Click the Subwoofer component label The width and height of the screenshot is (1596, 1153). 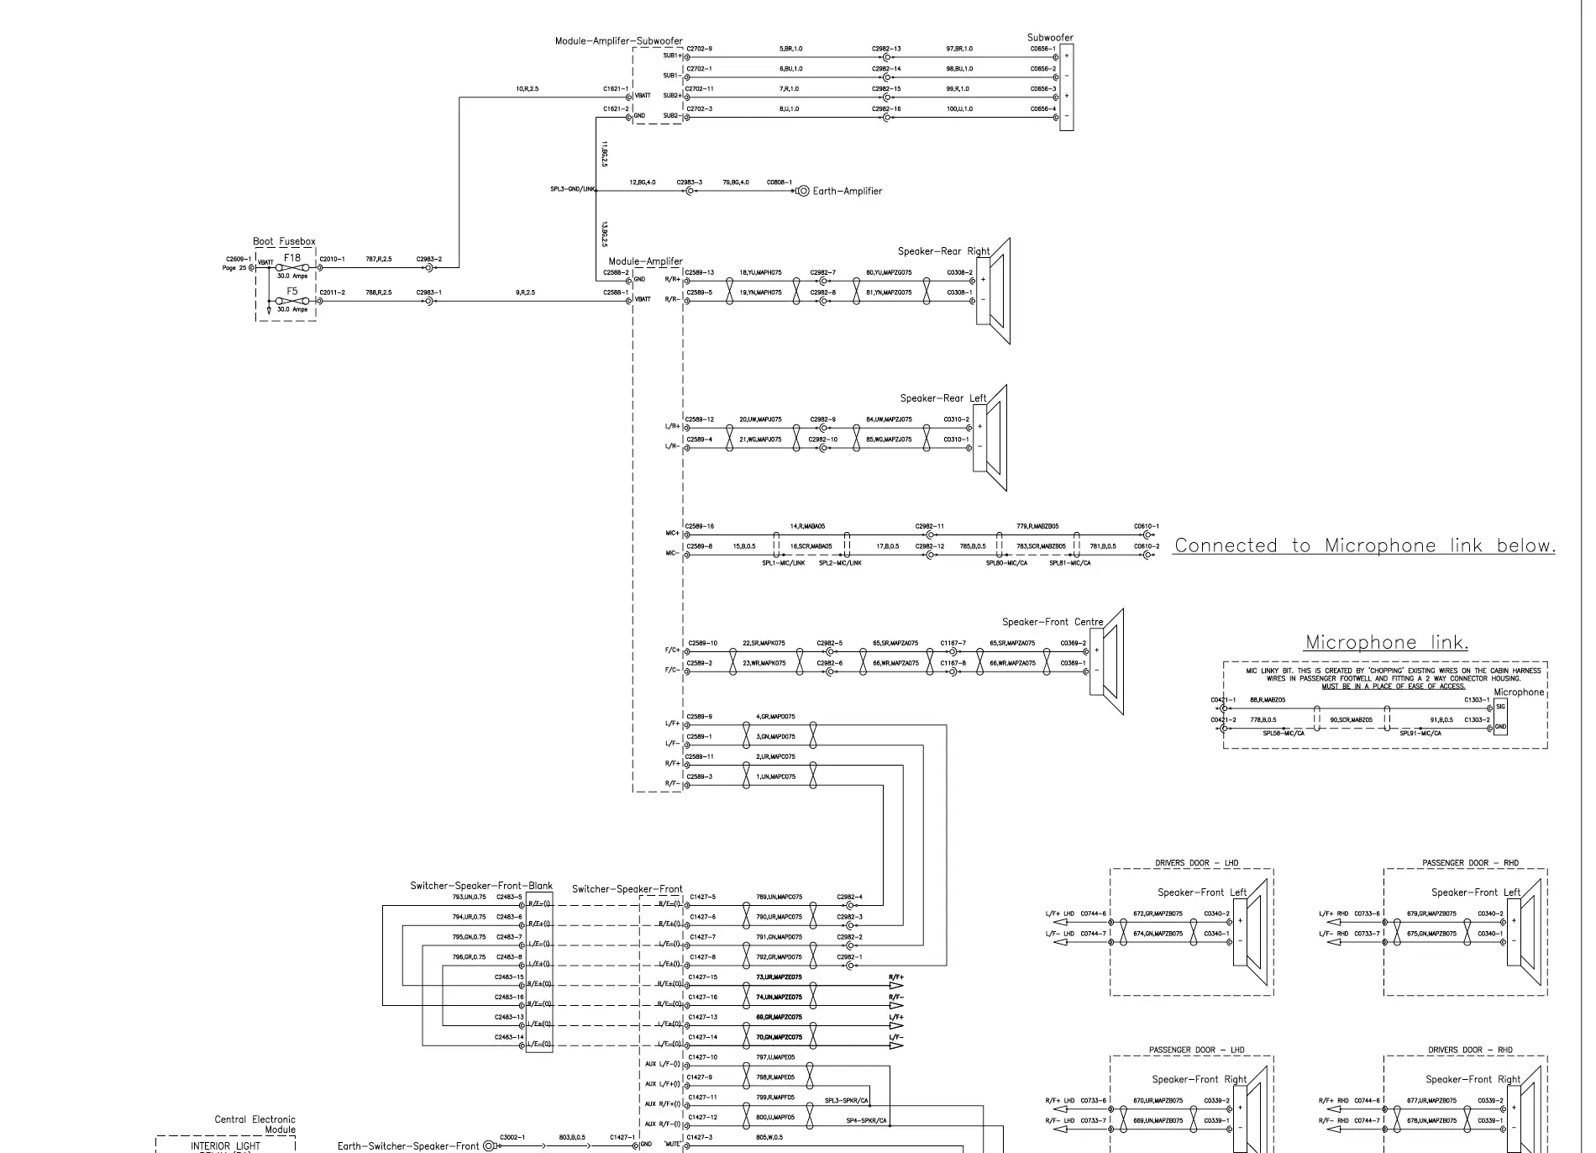[x=1050, y=38]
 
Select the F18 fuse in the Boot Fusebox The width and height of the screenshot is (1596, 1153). [x=291, y=267]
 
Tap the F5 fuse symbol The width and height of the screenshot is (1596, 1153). [x=291, y=301]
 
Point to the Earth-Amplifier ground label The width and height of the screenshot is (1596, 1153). [x=847, y=192]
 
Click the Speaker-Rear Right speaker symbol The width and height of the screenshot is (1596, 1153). [x=993, y=292]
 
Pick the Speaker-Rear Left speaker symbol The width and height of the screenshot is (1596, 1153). [x=990, y=438]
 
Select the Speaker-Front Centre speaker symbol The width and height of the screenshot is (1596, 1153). [x=1106, y=662]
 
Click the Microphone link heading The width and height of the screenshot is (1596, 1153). [x=1386, y=643]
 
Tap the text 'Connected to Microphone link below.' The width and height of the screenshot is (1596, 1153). [x=1364, y=546]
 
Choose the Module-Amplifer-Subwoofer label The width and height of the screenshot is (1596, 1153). [x=618, y=41]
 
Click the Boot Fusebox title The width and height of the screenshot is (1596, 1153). [x=284, y=242]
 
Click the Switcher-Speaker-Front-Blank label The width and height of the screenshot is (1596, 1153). [x=481, y=886]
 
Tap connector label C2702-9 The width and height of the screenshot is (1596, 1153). [x=699, y=49]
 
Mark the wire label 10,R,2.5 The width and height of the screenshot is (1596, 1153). [x=527, y=89]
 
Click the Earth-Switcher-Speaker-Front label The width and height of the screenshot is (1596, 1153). [x=407, y=1146]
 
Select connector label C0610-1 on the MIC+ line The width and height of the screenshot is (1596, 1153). [x=1146, y=527]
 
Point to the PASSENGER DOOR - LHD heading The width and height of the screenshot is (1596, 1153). [x=1196, y=1050]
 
